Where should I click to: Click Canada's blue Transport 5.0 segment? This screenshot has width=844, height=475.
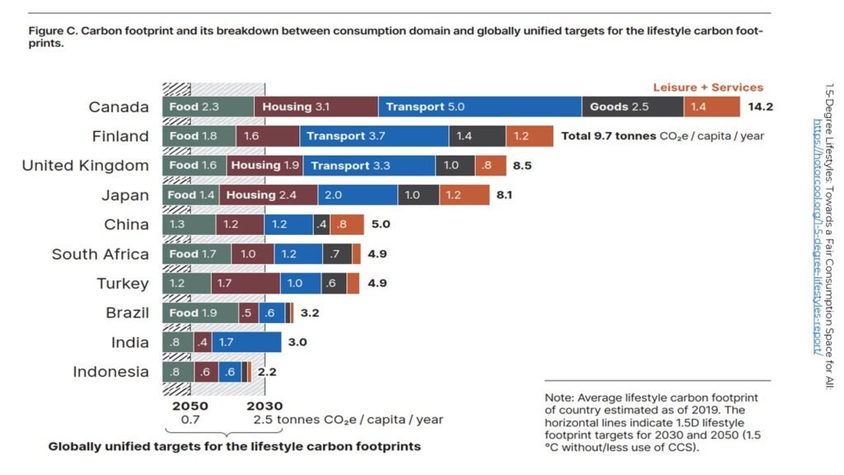pyautogui.click(x=481, y=106)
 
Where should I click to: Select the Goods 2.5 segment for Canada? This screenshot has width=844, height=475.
pyautogui.click(x=632, y=106)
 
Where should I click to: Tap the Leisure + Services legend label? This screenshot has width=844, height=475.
pyautogui.click(x=708, y=87)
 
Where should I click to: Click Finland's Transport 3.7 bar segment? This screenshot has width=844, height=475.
pyautogui.click(x=374, y=136)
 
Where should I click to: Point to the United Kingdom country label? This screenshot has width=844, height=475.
pyautogui.click(x=85, y=165)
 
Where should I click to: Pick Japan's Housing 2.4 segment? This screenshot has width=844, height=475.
pyautogui.click(x=268, y=195)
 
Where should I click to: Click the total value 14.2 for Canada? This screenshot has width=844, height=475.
pyautogui.click(x=760, y=106)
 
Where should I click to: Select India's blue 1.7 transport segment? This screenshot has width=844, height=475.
pyautogui.click(x=246, y=342)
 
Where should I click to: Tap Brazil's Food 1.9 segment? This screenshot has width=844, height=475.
pyautogui.click(x=200, y=313)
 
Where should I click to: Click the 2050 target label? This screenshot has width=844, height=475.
pyautogui.click(x=190, y=406)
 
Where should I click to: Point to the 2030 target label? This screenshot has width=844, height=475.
pyautogui.click(x=265, y=406)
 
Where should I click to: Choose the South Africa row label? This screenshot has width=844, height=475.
pyautogui.click(x=100, y=254)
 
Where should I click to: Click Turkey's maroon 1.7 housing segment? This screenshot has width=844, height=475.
pyautogui.click(x=246, y=284)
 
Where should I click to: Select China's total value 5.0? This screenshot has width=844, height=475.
pyautogui.click(x=381, y=224)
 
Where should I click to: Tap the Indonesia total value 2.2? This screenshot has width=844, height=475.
pyautogui.click(x=267, y=372)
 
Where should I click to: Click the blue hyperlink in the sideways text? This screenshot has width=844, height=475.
pyautogui.click(x=818, y=237)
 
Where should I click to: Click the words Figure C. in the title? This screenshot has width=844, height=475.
pyautogui.click(x=54, y=31)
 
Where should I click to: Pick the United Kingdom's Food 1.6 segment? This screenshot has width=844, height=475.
pyautogui.click(x=195, y=165)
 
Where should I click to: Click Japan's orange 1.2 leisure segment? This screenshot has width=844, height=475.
pyautogui.click(x=465, y=195)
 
